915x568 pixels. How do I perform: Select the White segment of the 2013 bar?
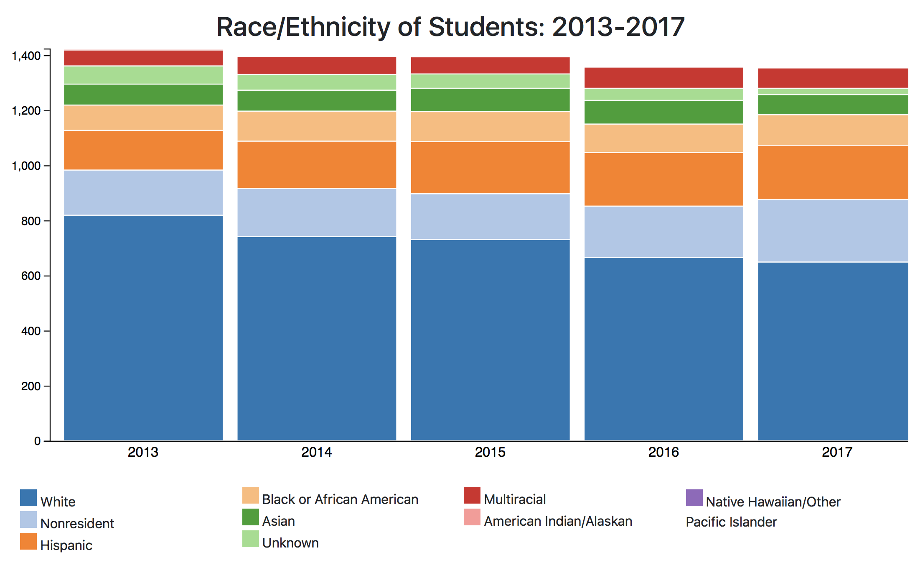click(x=143, y=328)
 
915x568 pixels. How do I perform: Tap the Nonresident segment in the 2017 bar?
click(x=833, y=231)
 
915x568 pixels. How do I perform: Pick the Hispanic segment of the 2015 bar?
click(x=491, y=168)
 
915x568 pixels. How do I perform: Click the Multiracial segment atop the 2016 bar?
click(x=664, y=78)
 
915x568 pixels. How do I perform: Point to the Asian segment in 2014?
click(x=317, y=101)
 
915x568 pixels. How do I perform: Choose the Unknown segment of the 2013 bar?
click(x=143, y=75)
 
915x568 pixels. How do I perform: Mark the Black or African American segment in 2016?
click(x=664, y=138)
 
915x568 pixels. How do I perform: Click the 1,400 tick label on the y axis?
click(x=26, y=56)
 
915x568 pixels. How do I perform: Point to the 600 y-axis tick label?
click(x=31, y=276)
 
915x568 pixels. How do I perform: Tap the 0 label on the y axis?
click(x=38, y=441)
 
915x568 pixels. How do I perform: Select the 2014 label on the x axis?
click(x=317, y=452)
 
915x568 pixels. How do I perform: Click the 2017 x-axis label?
click(x=837, y=452)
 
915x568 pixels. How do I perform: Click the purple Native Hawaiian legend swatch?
click(x=694, y=498)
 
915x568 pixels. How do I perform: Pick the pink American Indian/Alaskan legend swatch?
click(x=472, y=517)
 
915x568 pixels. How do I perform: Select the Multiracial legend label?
click(x=515, y=499)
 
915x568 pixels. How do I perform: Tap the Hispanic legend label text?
click(x=66, y=545)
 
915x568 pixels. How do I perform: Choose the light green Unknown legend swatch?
click(x=251, y=539)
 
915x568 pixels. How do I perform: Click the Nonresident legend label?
click(x=77, y=524)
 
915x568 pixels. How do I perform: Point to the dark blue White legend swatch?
click(x=28, y=498)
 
